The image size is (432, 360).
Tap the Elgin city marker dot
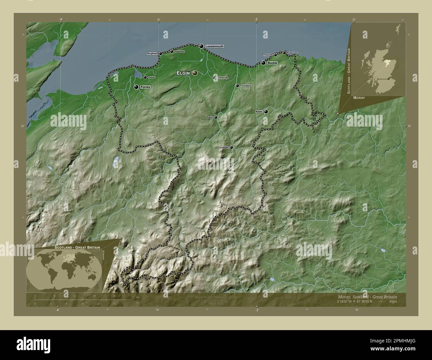point(194,73)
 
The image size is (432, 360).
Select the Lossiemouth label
point(214,46)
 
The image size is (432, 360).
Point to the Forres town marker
point(136,87)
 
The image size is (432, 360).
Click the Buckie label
point(272,63)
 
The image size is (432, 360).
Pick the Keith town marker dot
point(266,112)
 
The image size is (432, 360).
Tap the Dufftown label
point(224,147)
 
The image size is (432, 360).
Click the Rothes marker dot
point(216,117)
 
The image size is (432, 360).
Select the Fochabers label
point(246,86)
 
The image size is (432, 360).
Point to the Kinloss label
point(151,77)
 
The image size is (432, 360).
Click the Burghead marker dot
point(160,53)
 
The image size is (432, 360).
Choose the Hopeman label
point(179,51)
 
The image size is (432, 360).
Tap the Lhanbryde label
point(222,78)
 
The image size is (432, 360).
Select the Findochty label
point(268,55)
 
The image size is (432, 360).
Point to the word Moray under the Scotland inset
point(359,98)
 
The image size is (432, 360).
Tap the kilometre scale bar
point(75,300)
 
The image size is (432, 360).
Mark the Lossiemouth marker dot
point(201,46)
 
